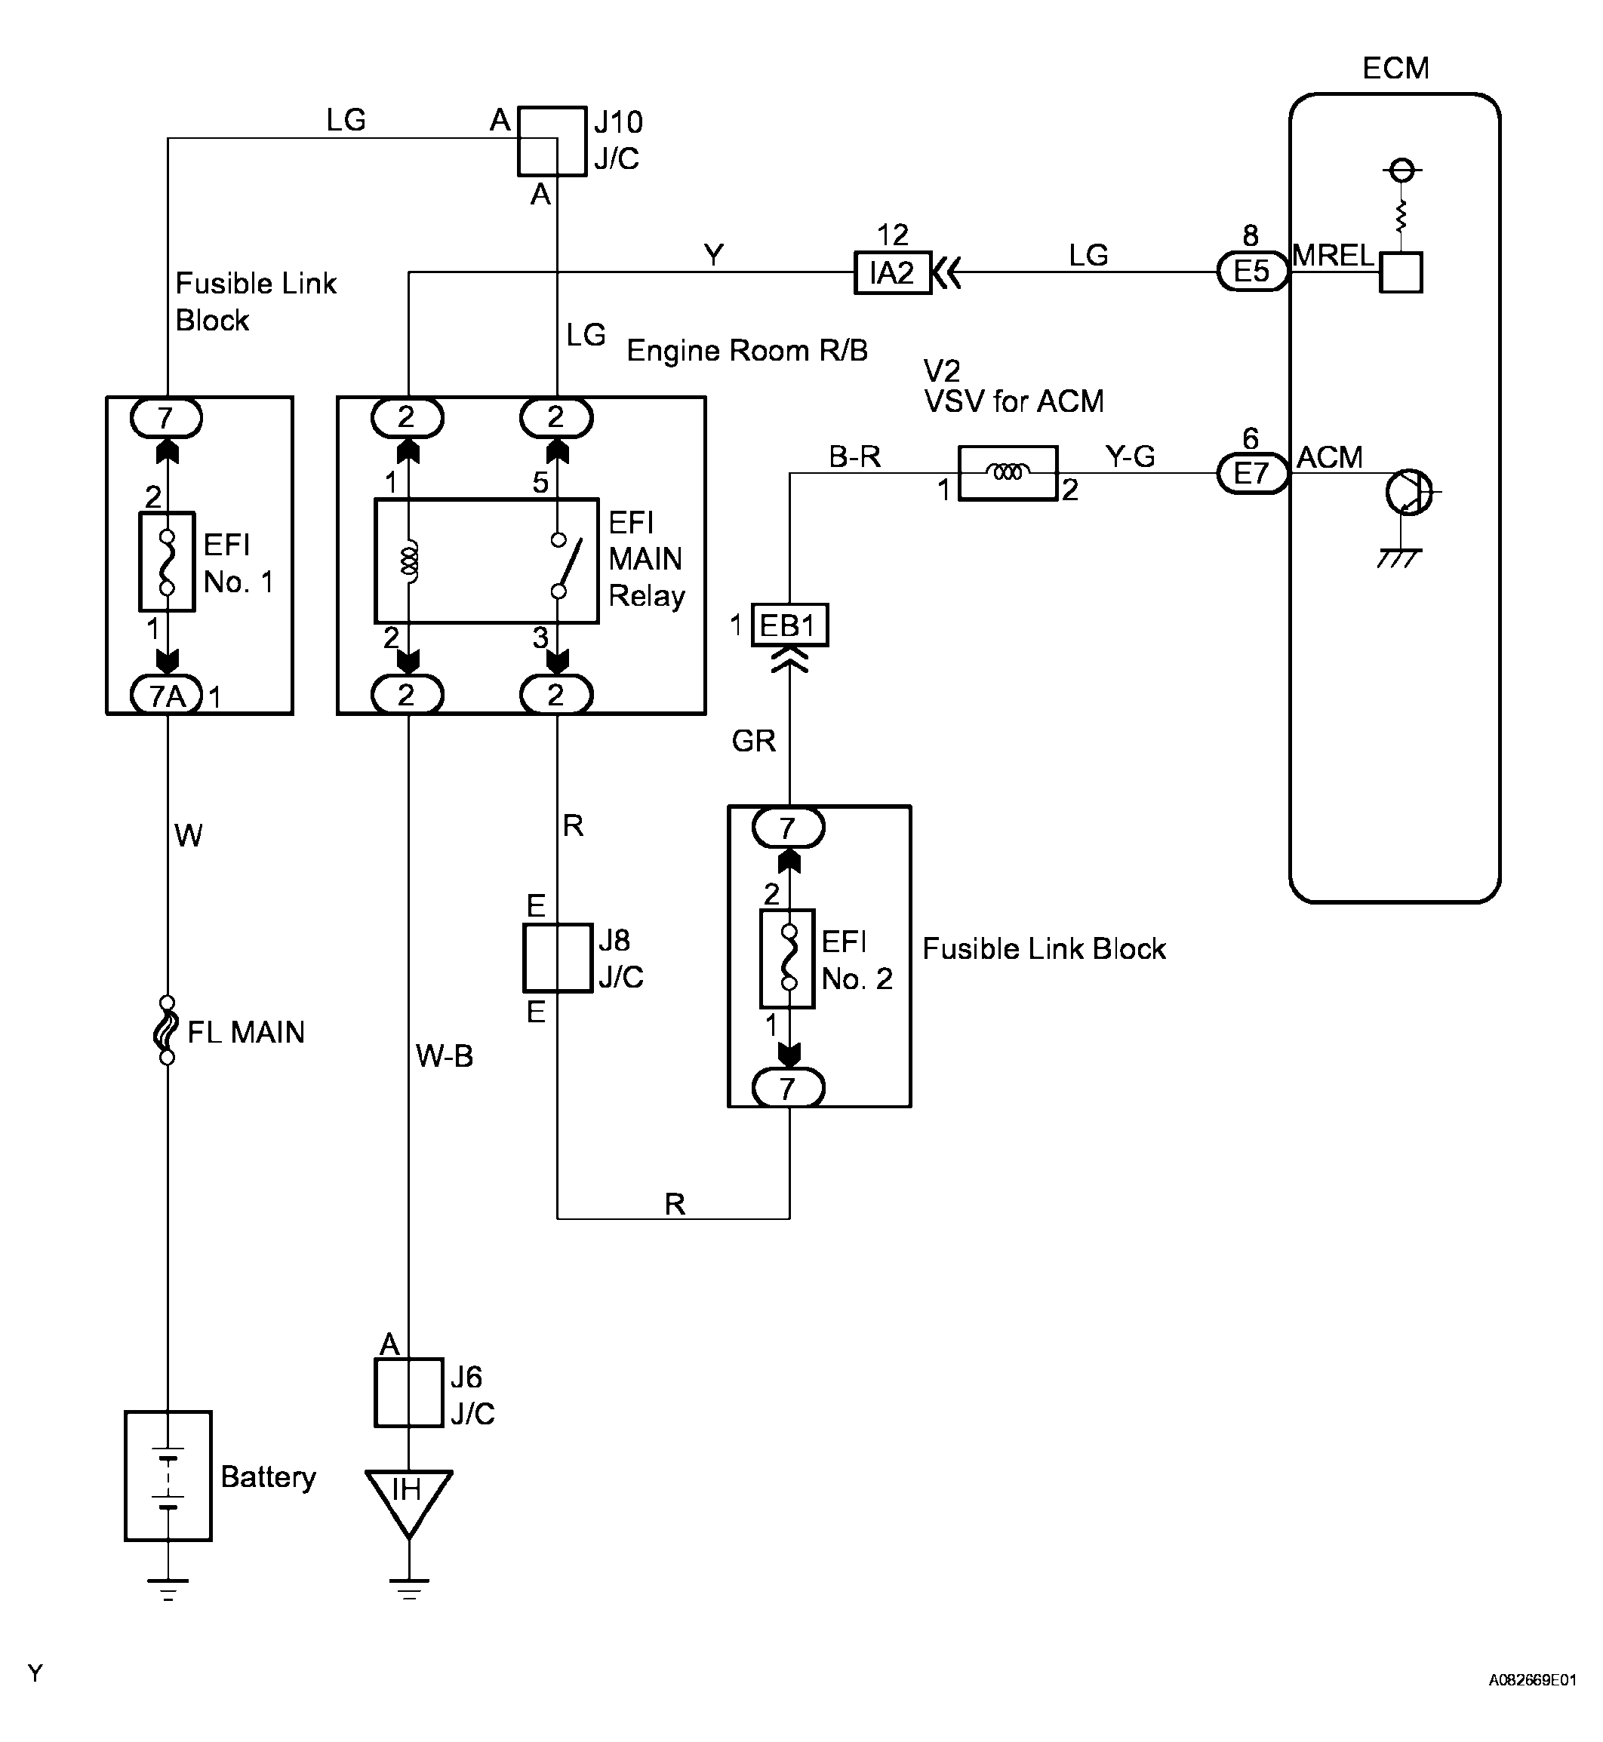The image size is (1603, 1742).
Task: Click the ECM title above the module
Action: pos(1395,69)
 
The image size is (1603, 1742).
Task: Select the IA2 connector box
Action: pos(893,273)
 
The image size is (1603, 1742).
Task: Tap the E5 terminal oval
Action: pos(1252,272)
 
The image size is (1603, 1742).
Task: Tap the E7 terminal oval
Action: pos(1252,474)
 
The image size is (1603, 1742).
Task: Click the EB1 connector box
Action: pos(789,625)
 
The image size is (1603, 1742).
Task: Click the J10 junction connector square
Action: pos(552,141)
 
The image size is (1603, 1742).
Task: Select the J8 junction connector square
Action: pos(558,958)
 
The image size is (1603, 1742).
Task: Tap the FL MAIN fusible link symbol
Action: pos(167,1030)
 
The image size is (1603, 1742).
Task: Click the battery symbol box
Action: pos(168,1476)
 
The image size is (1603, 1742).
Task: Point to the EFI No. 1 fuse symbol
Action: pos(167,562)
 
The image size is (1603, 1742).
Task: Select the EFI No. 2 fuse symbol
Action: pos(788,958)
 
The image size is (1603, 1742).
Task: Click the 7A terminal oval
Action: pos(167,696)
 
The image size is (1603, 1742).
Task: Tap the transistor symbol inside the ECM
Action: pos(1408,493)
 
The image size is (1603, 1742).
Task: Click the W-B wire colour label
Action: pos(444,1056)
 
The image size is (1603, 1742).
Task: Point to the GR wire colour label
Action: pos(753,742)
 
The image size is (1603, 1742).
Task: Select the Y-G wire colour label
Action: pos(1129,456)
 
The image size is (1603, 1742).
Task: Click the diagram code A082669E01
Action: pos(1532,1704)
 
